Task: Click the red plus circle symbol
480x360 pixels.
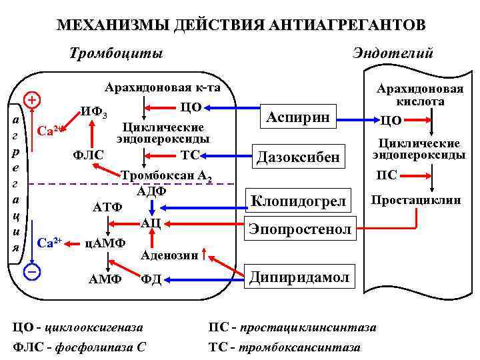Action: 31,101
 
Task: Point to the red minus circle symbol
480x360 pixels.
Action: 31,271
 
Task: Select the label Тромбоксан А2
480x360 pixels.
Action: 167,177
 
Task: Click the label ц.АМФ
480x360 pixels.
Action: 106,240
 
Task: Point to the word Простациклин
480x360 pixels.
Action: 416,199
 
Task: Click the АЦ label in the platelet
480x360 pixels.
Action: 150,223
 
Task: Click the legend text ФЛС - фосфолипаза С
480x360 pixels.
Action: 80,347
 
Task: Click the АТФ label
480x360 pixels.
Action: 107,207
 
